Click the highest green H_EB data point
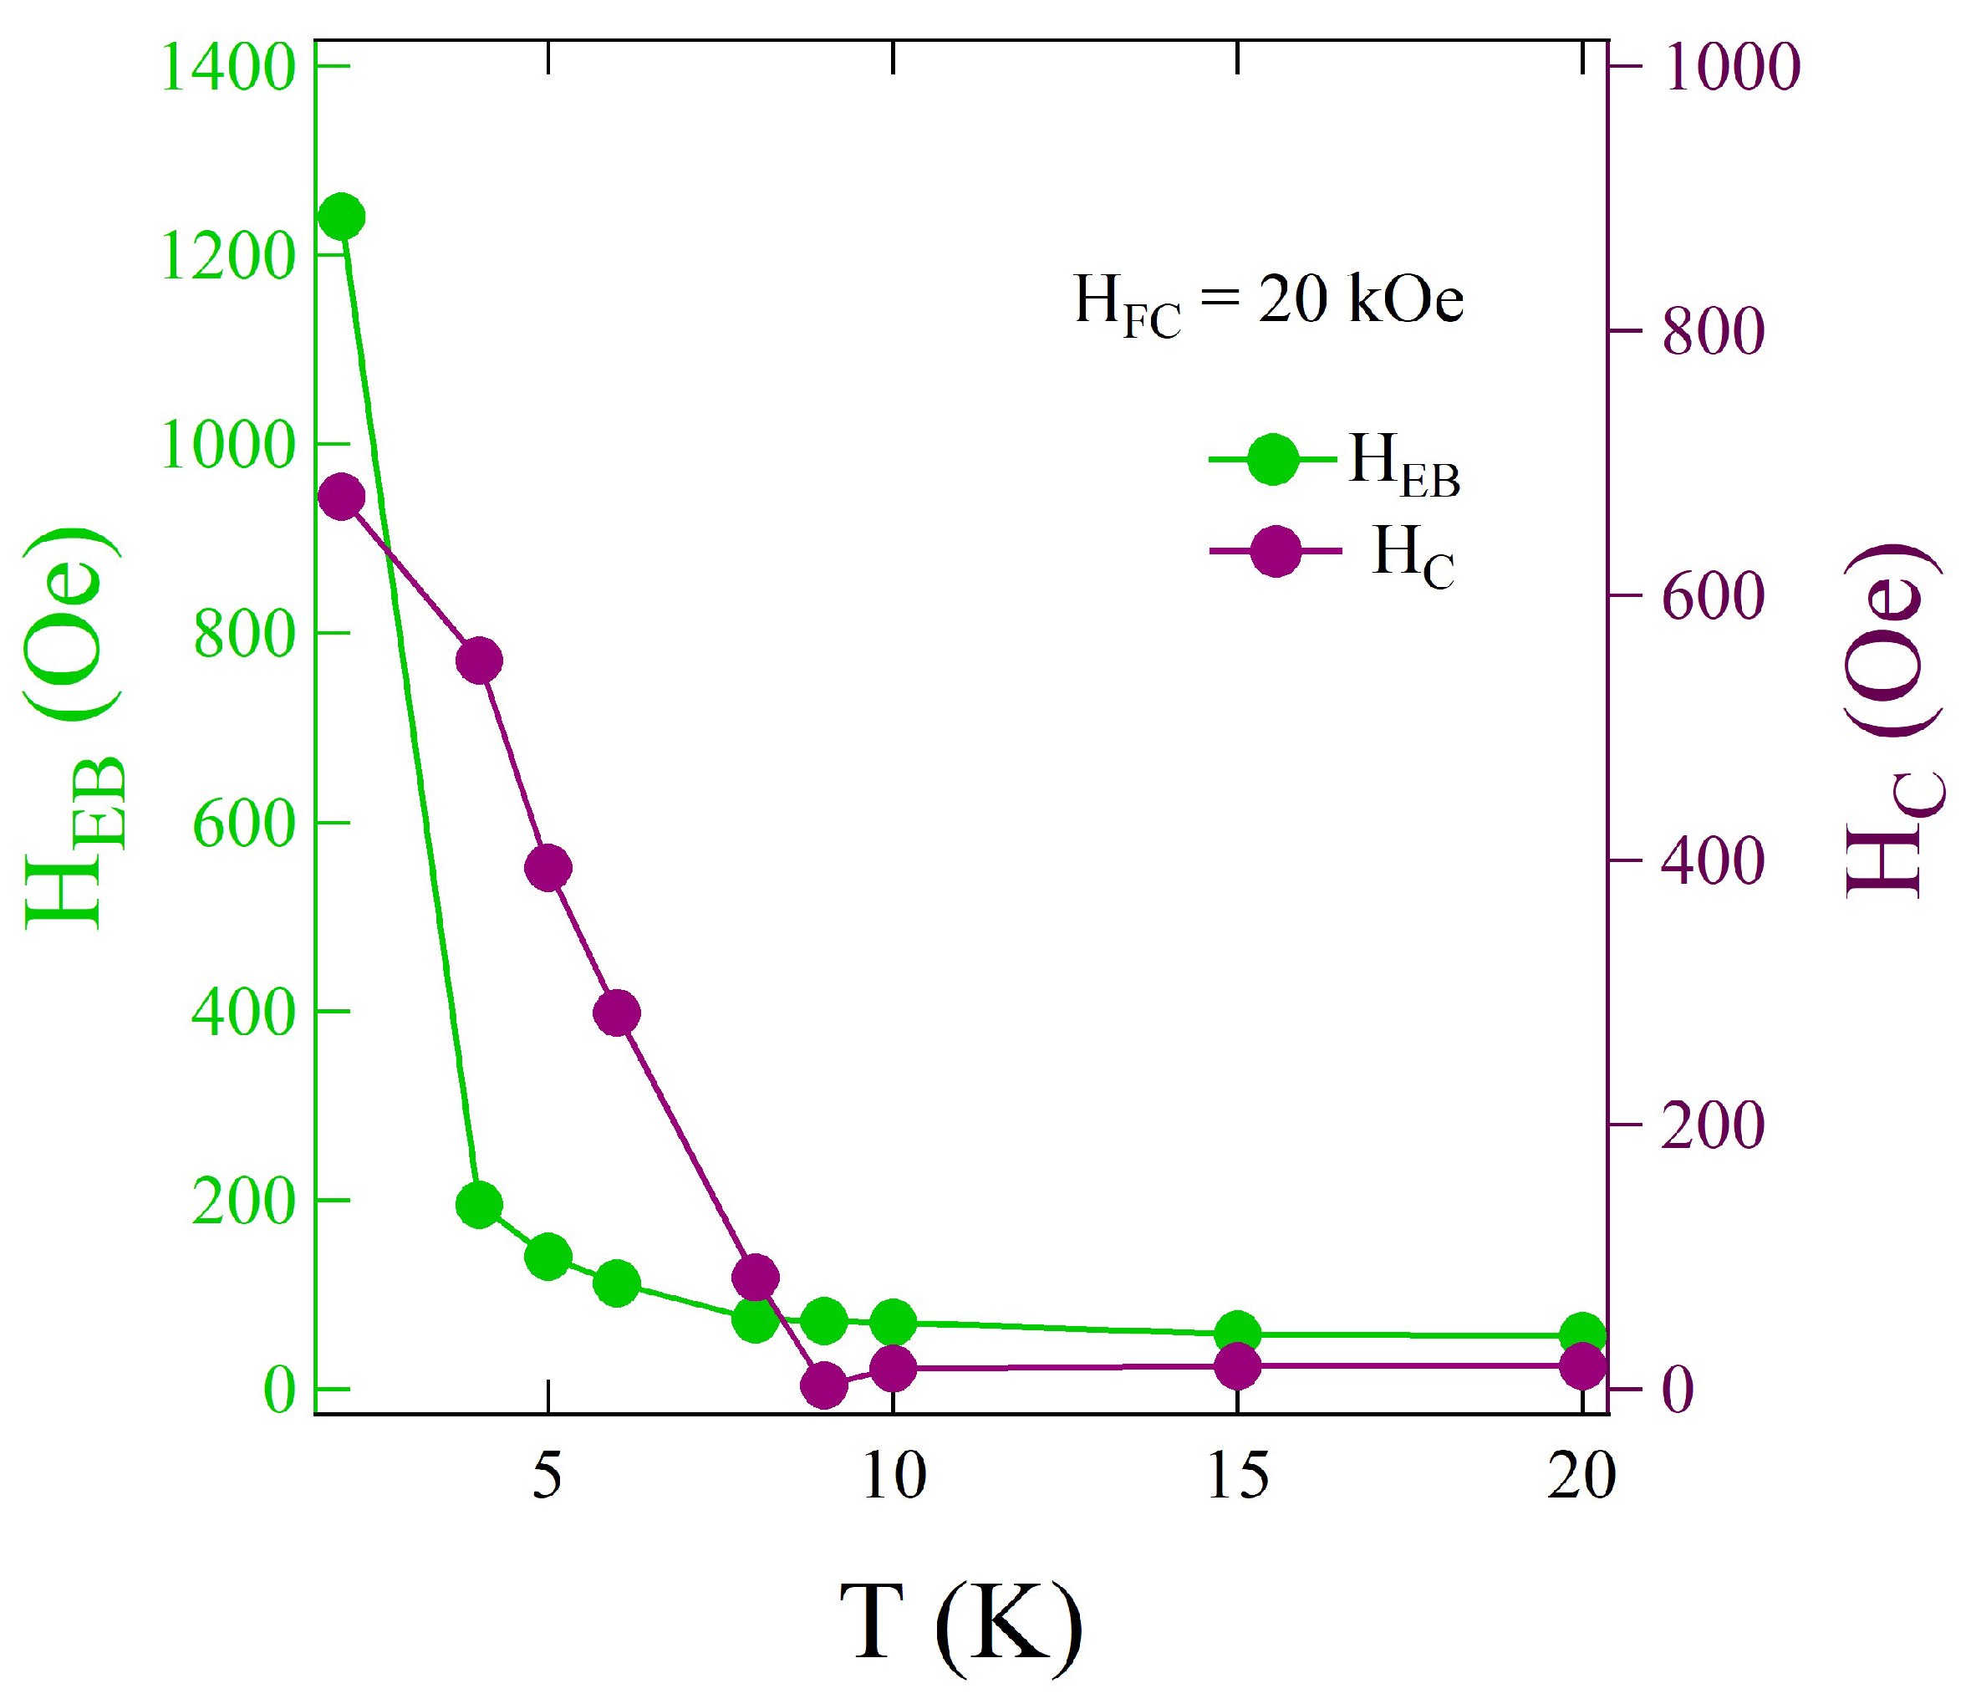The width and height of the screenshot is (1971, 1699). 342,217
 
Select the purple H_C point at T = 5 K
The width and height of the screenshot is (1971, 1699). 548,868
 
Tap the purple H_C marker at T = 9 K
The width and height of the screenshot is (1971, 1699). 824,1385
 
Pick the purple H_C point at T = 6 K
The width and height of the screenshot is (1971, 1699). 616,1013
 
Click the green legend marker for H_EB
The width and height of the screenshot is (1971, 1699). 1273,461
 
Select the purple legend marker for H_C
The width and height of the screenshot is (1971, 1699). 1275,551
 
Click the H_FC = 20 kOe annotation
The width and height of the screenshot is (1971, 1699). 1268,303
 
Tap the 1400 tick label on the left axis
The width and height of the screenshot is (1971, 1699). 228,69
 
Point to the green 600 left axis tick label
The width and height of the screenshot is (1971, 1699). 244,824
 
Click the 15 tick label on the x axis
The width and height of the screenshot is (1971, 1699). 1238,1477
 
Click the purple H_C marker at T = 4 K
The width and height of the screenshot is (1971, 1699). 478,661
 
